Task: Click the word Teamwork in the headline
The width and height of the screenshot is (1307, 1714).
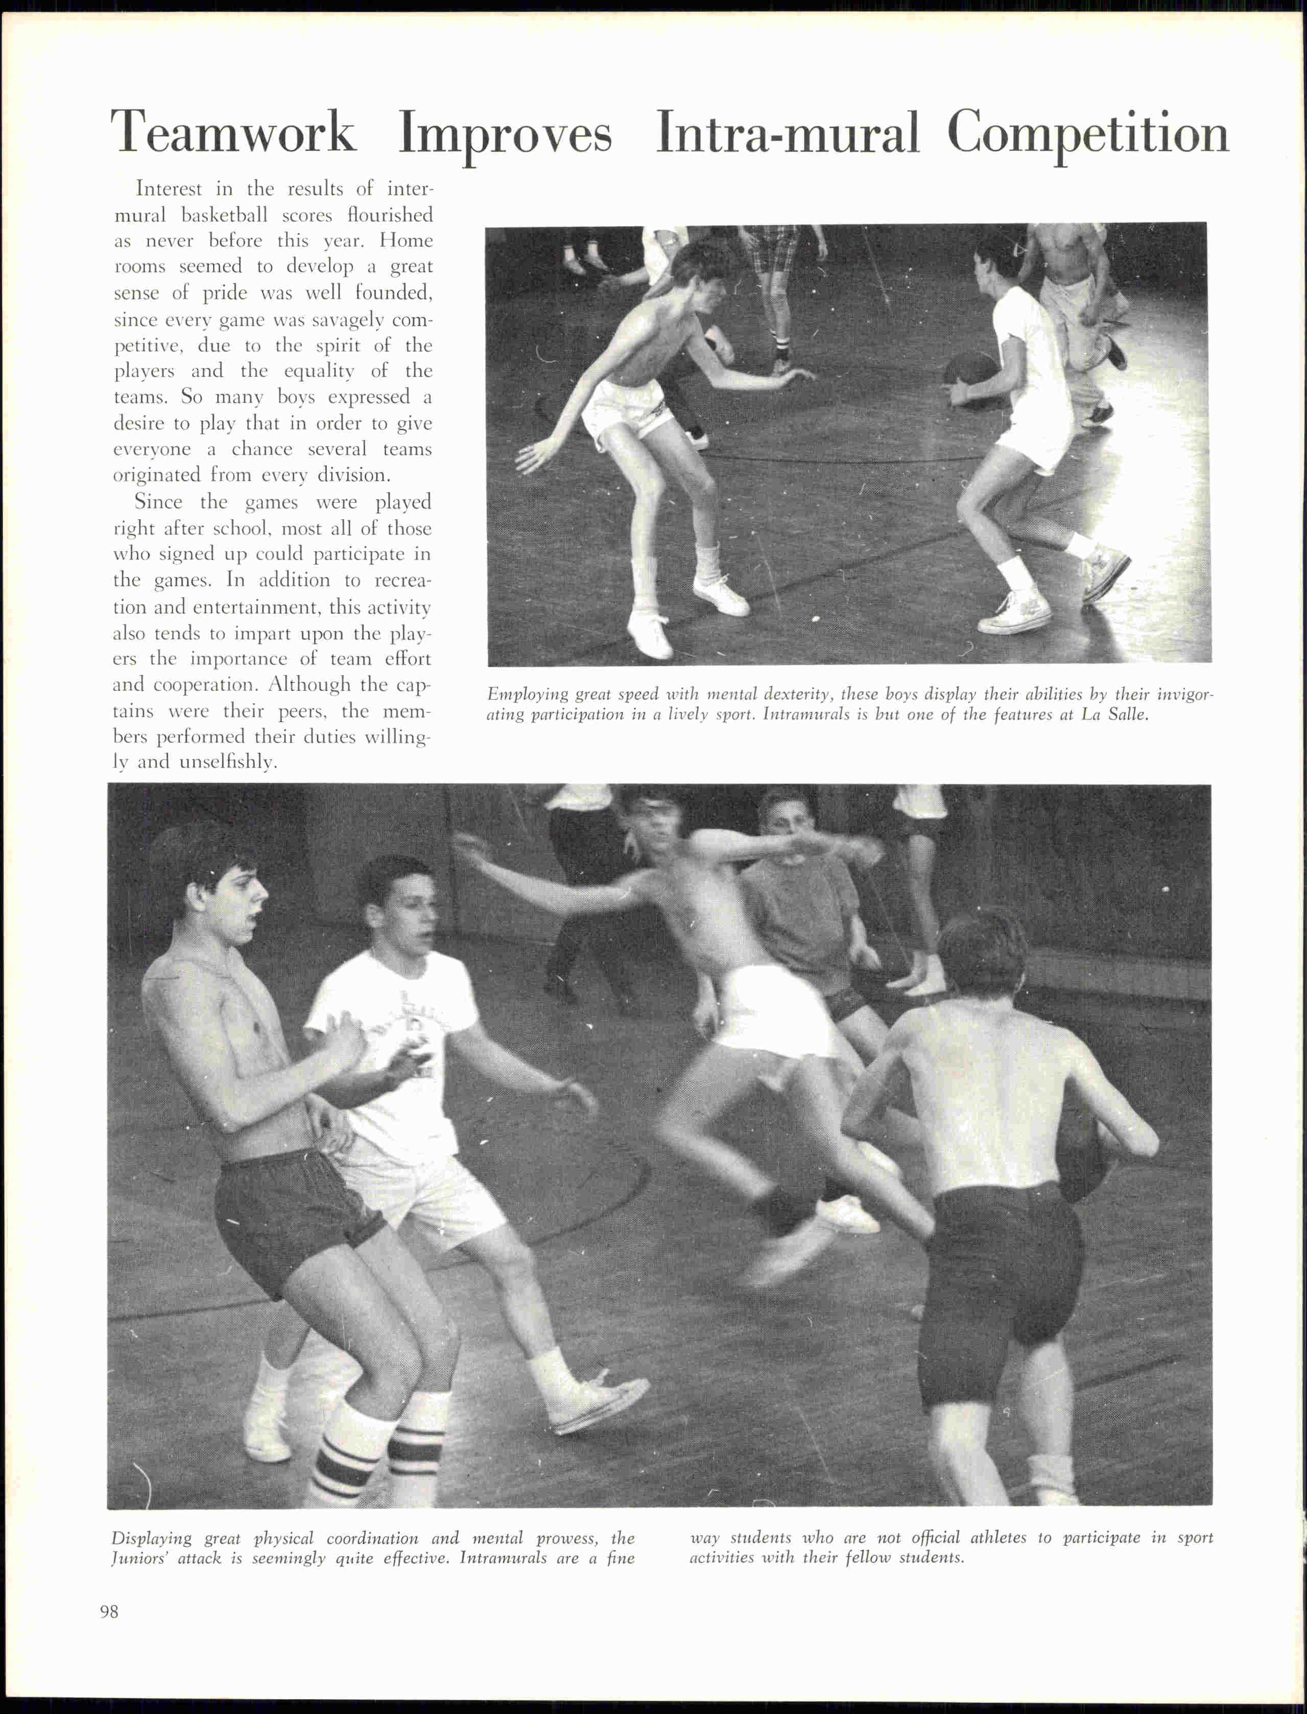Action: click(233, 132)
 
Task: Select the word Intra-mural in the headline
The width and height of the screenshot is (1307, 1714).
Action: click(787, 132)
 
